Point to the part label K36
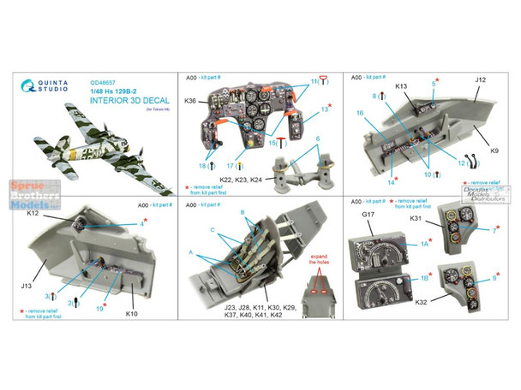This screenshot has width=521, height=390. (x=191, y=103)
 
